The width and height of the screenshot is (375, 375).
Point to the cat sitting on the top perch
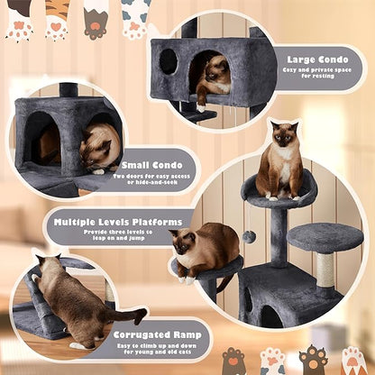[x=280, y=162]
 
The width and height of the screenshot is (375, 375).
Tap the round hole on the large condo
[x=169, y=61]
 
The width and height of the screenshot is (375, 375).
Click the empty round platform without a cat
[x=325, y=236]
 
